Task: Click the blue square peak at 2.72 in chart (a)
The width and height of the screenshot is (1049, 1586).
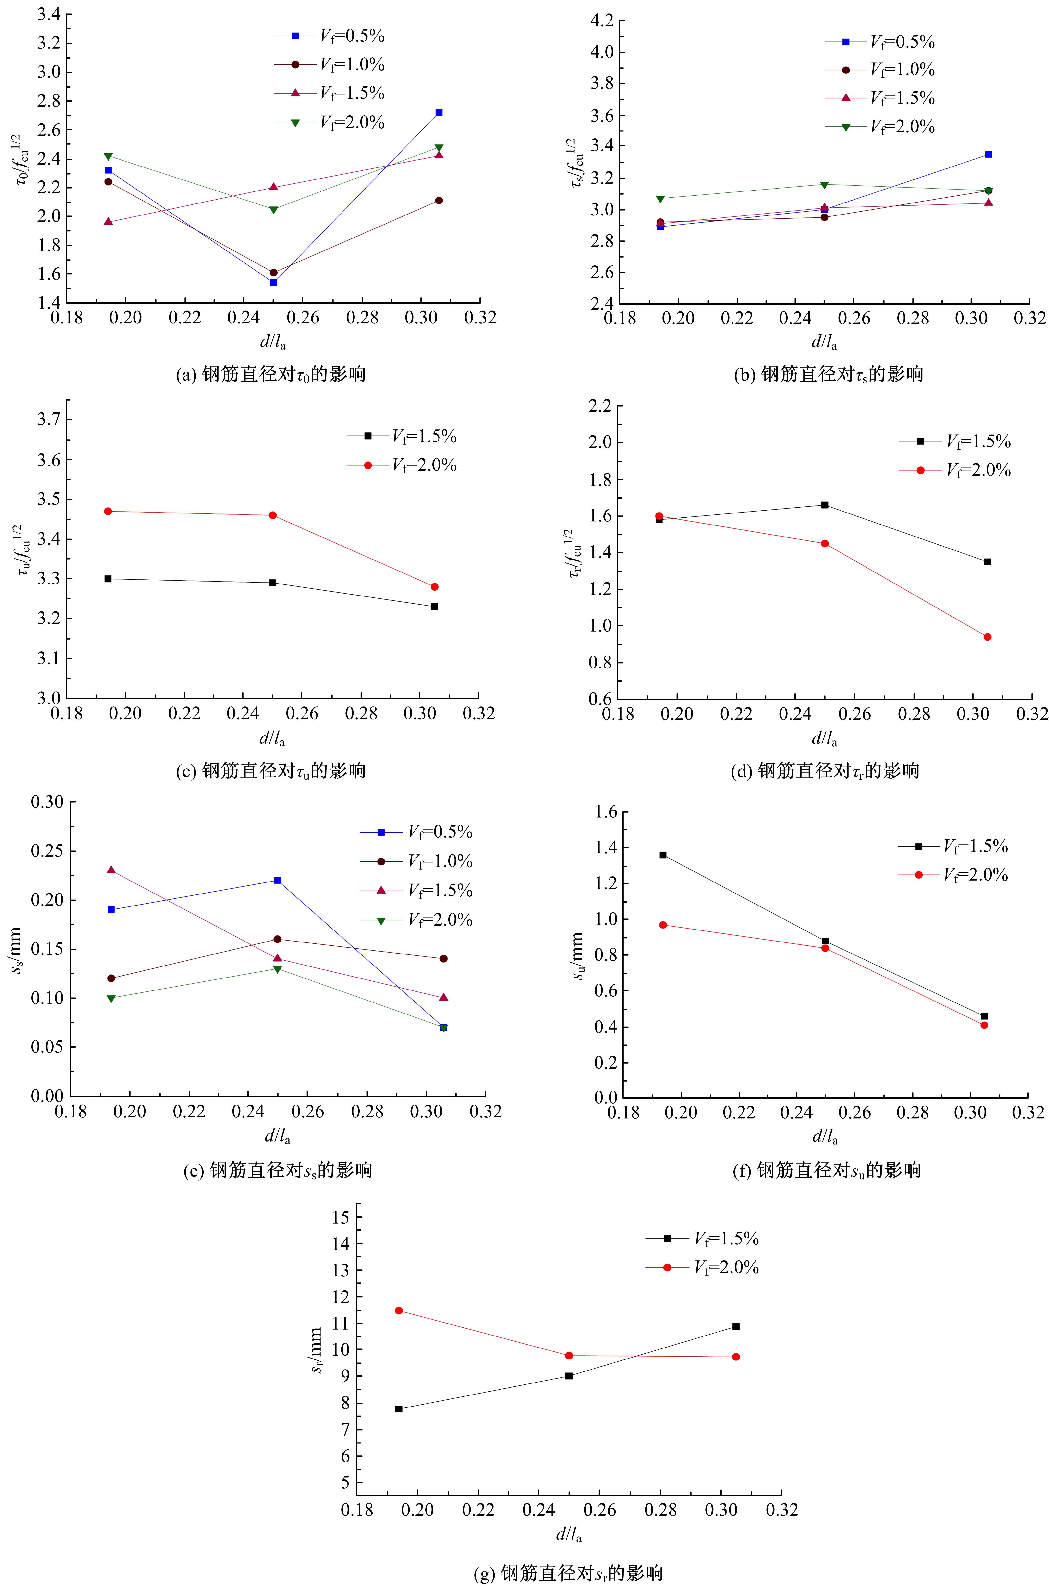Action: [x=439, y=112]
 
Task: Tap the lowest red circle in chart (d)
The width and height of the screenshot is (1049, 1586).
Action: [x=988, y=637]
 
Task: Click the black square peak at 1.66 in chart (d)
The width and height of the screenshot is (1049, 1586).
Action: [x=825, y=505]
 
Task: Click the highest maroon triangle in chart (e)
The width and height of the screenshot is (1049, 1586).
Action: [x=111, y=870]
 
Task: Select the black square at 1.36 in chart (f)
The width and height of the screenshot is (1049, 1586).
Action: [x=663, y=855]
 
